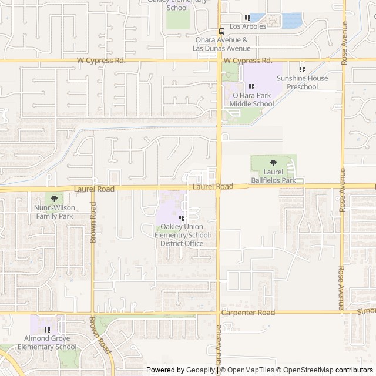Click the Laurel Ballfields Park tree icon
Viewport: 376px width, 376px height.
click(273, 162)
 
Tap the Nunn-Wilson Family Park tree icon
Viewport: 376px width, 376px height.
click(54, 200)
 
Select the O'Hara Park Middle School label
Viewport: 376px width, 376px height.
click(251, 100)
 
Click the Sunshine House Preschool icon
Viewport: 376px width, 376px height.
click(302, 69)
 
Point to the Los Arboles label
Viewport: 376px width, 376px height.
click(247, 26)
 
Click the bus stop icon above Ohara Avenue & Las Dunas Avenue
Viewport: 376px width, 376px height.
click(221, 31)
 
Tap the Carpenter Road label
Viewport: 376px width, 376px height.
click(248, 313)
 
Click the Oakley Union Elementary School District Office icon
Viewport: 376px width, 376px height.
click(174, 218)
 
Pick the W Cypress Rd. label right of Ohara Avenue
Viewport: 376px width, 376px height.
click(248, 60)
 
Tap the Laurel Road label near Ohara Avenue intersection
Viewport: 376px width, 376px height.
click(213, 186)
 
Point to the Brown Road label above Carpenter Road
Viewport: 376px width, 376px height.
click(93, 223)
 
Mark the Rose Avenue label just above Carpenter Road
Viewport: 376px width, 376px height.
click(341, 287)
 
